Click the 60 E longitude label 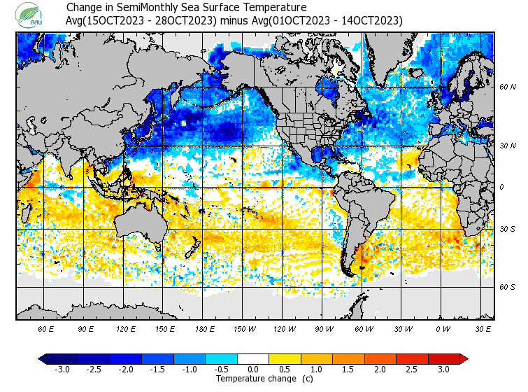click(45, 328)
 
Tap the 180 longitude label click(205, 328)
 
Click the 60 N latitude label click(508, 87)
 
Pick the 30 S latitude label click(508, 230)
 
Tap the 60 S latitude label click(508, 287)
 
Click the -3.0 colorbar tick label click(62, 370)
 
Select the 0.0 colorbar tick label click(253, 370)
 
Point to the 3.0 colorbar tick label click(444, 370)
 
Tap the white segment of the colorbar click(253, 359)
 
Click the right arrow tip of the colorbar click(464, 359)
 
